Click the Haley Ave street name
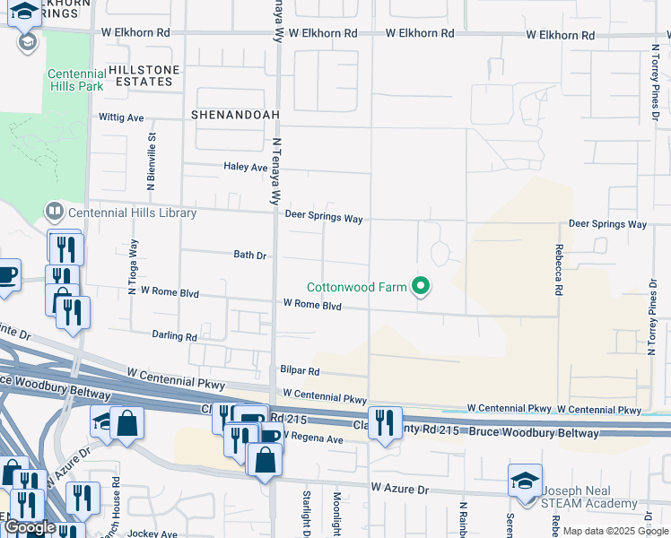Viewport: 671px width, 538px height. coord(245,167)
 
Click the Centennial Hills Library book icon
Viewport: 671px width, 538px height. coord(55,213)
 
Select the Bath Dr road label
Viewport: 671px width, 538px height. coord(250,256)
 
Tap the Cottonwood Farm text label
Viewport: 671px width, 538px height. coord(356,288)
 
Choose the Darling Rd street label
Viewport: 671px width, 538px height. coord(173,336)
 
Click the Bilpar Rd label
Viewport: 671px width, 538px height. coord(300,370)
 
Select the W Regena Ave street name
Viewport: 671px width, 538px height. coord(312,439)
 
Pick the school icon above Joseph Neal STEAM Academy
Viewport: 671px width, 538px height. coord(525,480)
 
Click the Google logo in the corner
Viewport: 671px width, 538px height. coord(30,527)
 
